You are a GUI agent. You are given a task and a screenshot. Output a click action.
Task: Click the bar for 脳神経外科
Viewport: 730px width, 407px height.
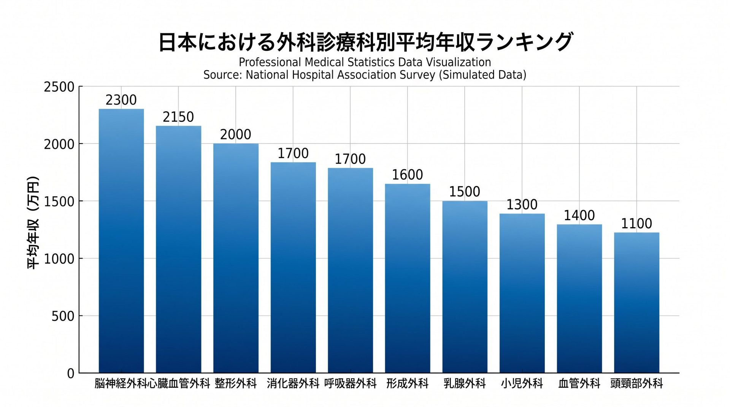point(121,241)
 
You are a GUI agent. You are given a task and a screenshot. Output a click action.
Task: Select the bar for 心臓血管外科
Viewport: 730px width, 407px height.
point(178,249)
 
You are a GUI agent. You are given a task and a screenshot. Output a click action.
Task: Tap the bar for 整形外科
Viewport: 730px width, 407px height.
point(236,258)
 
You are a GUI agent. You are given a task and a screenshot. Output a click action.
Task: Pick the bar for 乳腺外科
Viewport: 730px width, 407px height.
point(465,287)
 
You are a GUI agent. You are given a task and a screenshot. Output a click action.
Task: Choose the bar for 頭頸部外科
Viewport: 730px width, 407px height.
point(636,303)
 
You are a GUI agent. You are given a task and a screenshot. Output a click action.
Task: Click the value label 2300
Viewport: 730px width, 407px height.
point(121,100)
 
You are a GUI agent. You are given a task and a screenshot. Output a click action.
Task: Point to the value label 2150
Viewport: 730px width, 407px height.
point(178,117)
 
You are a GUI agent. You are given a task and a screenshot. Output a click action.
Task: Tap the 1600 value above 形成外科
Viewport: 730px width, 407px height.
point(407,175)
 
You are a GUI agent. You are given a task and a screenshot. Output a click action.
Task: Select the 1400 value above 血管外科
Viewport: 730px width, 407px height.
point(579,216)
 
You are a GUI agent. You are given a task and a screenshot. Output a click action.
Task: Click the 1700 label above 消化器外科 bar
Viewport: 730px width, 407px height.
point(293,153)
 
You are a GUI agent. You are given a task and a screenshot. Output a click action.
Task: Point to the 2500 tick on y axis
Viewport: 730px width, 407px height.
point(59,87)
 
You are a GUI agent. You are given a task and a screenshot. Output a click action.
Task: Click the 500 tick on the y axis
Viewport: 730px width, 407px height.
point(63,316)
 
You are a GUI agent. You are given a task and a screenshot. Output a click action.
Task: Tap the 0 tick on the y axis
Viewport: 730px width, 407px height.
point(71,374)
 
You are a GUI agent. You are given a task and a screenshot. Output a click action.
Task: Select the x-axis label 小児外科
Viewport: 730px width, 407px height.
point(522,383)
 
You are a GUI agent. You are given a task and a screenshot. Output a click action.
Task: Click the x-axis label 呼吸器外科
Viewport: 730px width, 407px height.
point(350,383)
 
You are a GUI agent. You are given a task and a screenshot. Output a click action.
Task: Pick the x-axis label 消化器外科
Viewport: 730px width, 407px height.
point(293,383)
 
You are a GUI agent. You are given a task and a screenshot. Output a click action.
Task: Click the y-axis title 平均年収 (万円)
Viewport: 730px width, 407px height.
point(33,223)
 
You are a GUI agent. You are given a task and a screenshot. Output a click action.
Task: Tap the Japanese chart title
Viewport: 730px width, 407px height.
point(365,42)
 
